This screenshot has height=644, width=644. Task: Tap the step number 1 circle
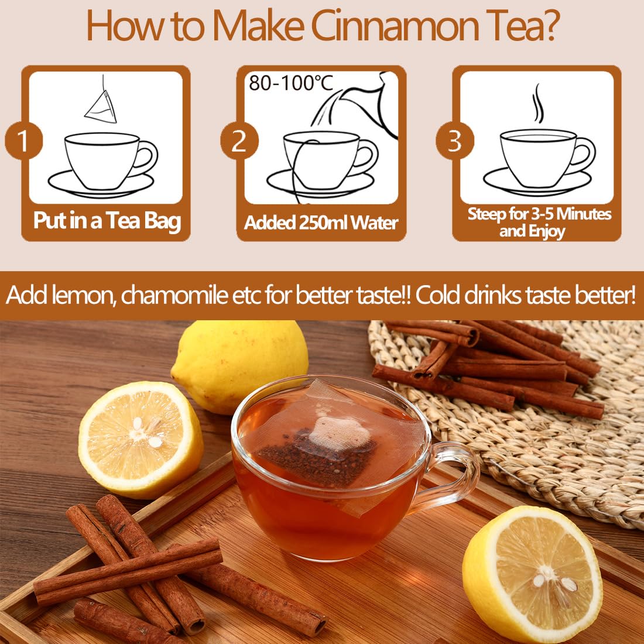[x=23, y=141]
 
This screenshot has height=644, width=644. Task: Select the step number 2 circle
[x=239, y=141]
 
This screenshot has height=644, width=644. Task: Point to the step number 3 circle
[x=454, y=141]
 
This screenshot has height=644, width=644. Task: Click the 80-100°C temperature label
[x=290, y=83]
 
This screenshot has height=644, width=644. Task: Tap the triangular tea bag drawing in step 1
[x=101, y=107]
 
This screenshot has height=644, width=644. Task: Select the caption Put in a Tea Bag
[x=107, y=221]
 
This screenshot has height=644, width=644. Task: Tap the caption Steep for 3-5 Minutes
[x=539, y=214]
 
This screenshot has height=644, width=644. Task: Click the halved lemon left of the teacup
[x=141, y=439]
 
